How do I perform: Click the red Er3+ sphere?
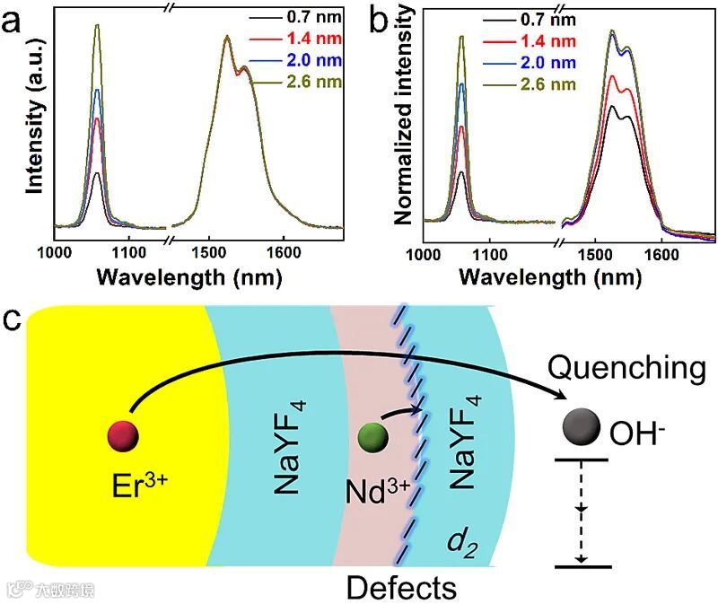coord(125,435)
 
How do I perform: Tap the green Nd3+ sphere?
coord(371,438)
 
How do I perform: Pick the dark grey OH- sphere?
coord(581,426)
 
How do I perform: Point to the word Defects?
coord(400,588)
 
